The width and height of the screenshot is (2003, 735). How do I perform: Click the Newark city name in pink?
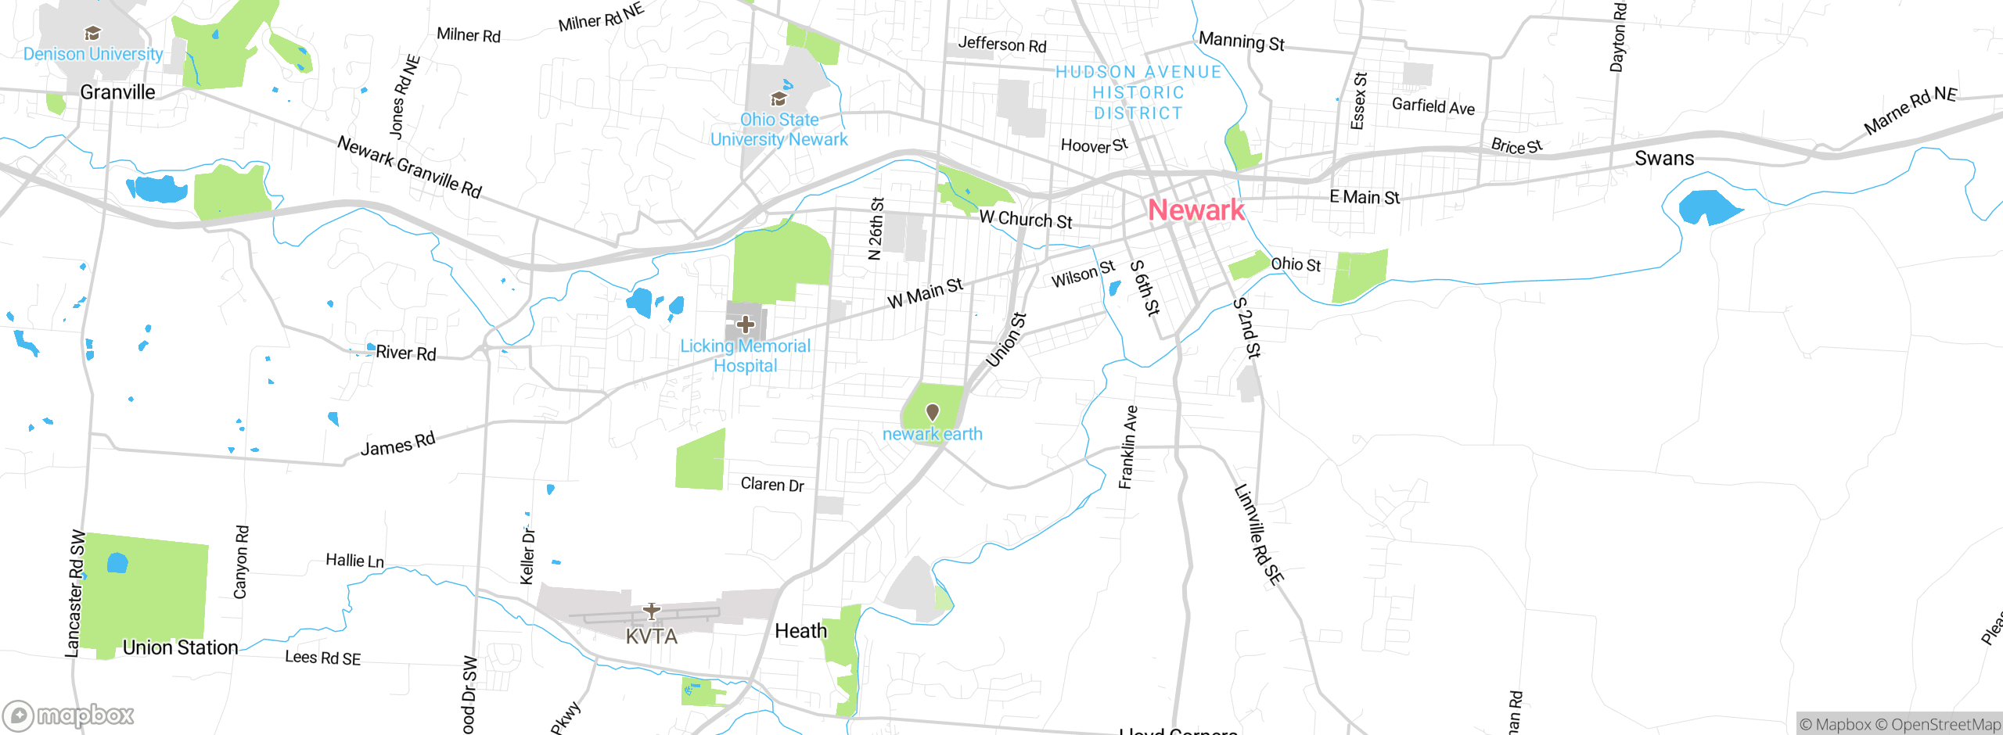[x=1196, y=210]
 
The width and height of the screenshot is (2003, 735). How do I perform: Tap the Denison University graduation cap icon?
[x=92, y=33]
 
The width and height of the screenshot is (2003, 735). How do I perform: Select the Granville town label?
[x=117, y=92]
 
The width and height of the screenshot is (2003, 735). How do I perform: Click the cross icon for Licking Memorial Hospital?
[x=745, y=324]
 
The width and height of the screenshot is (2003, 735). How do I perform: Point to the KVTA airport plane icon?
[x=651, y=611]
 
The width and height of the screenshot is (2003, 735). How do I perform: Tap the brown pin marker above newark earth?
[x=932, y=411]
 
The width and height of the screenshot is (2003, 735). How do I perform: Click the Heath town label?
[x=800, y=631]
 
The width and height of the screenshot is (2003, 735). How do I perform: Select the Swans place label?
[x=1664, y=159]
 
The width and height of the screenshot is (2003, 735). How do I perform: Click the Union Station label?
[x=180, y=647]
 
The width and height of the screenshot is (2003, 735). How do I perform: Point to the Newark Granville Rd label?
[x=409, y=167]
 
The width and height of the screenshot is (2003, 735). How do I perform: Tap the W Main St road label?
[x=925, y=292]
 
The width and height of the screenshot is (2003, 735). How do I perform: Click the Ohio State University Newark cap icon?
[x=779, y=99]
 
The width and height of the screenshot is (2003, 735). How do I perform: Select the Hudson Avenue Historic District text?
[x=1138, y=92]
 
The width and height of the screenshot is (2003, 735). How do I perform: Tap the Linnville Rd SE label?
[x=1258, y=534]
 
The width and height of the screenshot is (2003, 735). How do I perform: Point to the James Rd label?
[x=397, y=444]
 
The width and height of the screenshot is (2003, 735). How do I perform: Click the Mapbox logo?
[x=69, y=715]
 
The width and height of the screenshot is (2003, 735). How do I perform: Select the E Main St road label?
[x=1365, y=197]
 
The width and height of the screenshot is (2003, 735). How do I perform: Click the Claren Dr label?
[x=772, y=484]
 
